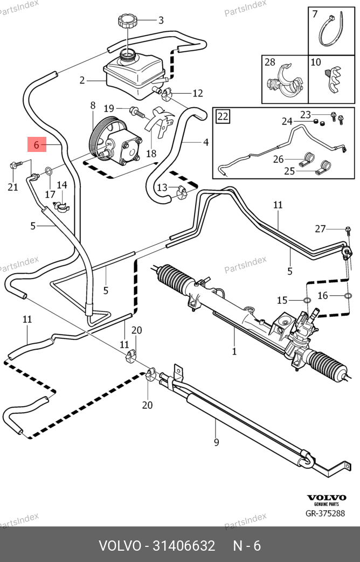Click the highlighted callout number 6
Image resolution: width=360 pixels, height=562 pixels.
pyautogui.click(x=37, y=144)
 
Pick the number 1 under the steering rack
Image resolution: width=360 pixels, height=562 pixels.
pyautogui.click(x=234, y=351)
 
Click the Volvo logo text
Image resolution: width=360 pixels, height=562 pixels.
pyautogui.click(x=326, y=498)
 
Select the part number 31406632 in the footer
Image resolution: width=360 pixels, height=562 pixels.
pyautogui.click(x=185, y=545)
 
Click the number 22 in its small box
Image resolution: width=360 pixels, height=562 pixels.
pyautogui.click(x=223, y=116)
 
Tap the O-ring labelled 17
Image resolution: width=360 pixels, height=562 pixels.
pyautogui.click(x=48, y=172)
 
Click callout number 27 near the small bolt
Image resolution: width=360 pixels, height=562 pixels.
pyautogui.click(x=320, y=228)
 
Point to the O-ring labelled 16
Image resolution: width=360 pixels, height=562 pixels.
pyautogui.click(x=348, y=295)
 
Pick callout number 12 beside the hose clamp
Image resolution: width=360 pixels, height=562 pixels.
pyautogui.click(x=197, y=93)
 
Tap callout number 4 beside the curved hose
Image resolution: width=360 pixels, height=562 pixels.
pyautogui.click(x=205, y=143)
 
